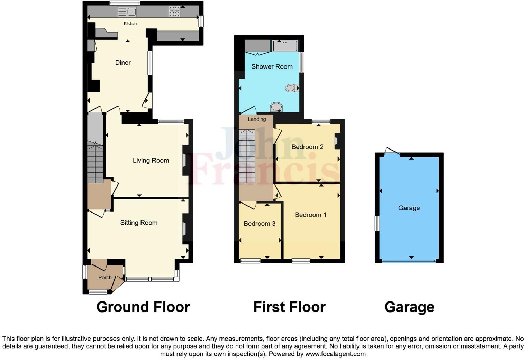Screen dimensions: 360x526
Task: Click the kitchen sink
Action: pos(127,12)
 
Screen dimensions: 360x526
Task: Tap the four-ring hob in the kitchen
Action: pos(174,11)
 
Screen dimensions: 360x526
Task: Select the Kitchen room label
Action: pos(130,24)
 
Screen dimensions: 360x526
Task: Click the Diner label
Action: pos(123,63)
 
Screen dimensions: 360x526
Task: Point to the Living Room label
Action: pos(151,160)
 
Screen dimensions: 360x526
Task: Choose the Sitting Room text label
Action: pos(139,223)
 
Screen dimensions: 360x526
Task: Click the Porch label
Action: pos(105,277)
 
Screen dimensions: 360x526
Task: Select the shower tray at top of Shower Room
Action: pos(285,46)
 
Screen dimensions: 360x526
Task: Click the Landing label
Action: pos(257,119)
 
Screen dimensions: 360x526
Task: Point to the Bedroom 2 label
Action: pos(307,147)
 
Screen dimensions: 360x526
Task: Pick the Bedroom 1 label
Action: pos(310,215)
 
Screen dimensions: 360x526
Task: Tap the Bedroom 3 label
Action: pos(260,224)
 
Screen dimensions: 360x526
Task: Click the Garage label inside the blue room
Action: pos(409,208)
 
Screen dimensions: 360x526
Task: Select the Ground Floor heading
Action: pos(143,307)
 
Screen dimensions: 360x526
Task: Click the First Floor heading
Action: pos(289,307)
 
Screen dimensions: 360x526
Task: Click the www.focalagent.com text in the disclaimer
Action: pos(335,354)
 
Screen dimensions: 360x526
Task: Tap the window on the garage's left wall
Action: pos(378,223)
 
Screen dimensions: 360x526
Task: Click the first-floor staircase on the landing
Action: pos(247,156)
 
